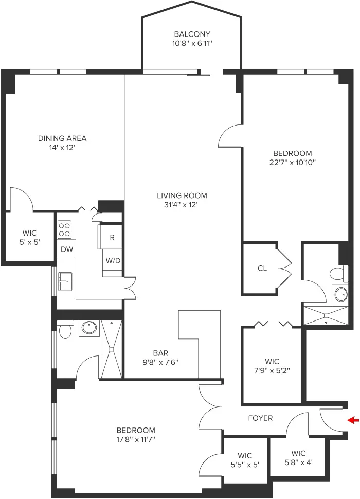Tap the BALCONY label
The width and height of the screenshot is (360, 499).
click(192, 34)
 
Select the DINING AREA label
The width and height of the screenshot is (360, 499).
click(62, 138)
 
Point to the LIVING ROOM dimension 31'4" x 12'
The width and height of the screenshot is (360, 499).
click(182, 205)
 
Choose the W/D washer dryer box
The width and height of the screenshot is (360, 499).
click(113, 261)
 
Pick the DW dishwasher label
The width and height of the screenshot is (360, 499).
click(66, 249)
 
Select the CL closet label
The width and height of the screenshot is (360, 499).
click(262, 268)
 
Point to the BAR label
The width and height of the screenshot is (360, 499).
click(160, 353)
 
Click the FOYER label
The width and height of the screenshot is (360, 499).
click(260, 418)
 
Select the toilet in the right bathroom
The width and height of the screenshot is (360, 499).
click(337, 273)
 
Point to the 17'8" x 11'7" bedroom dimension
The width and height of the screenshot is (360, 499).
click(136, 439)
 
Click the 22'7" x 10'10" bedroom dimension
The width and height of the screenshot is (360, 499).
click(293, 163)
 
